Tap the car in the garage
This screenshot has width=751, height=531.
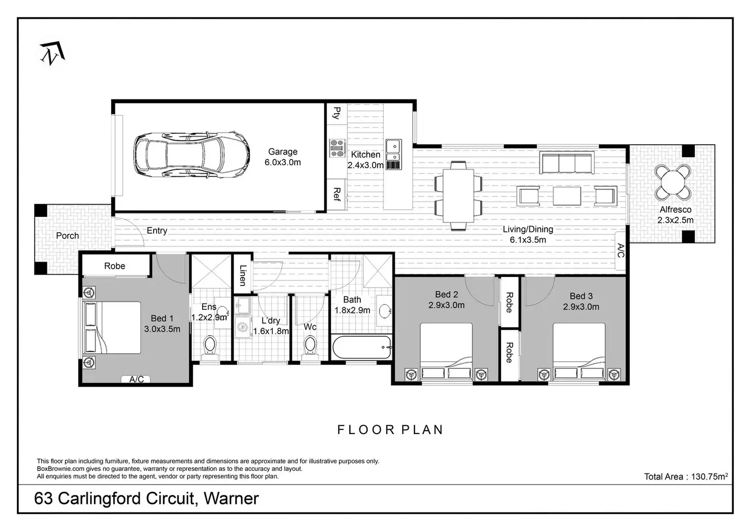click(x=192, y=155)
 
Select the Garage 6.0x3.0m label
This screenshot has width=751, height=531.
click(x=283, y=157)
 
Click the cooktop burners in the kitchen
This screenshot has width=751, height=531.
click(x=337, y=148)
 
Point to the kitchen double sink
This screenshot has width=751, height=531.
click(x=393, y=150)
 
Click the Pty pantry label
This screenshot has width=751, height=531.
click(x=337, y=113)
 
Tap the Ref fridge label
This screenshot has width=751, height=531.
click(x=337, y=194)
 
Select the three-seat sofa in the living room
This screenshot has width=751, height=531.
click(x=567, y=163)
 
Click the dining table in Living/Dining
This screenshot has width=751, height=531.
click(x=458, y=196)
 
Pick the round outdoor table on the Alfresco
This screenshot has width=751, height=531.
click(x=673, y=182)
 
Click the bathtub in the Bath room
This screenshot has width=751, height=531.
click(x=362, y=347)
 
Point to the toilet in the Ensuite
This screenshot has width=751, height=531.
click(x=210, y=345)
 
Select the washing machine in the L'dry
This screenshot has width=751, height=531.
click(x=242, y=327)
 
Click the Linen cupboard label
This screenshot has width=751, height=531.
click(x=243, y=275)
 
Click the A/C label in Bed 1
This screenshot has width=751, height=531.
click(x=136, y=379)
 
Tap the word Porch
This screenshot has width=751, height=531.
click(x=67, y=236)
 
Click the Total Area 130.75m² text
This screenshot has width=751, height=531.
click(x=686, y=476)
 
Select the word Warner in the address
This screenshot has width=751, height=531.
click(x=231, y=498)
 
